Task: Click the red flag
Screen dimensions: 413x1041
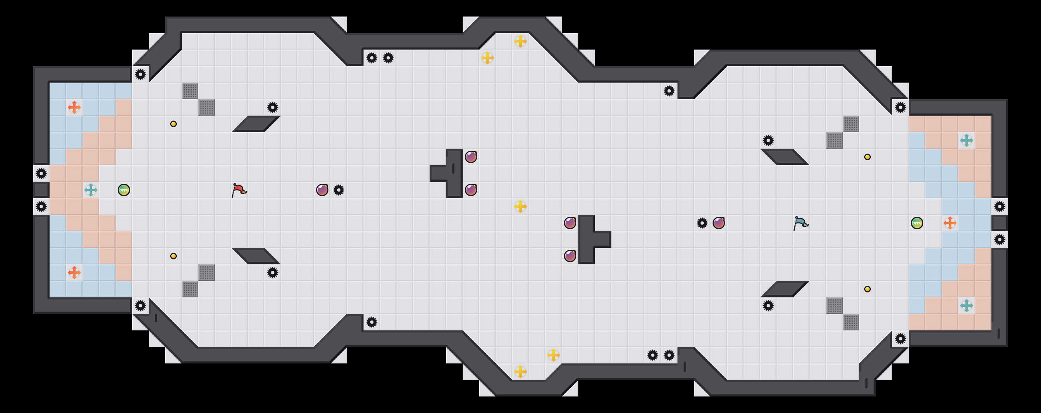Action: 239,190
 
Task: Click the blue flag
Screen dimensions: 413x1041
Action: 801,223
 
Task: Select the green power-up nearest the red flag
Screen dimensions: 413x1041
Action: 124,190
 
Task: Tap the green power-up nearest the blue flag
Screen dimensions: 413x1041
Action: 917,223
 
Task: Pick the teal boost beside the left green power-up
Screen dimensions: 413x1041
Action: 91,190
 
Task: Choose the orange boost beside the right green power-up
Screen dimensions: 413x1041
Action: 950,223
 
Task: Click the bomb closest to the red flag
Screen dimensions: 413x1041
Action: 322,190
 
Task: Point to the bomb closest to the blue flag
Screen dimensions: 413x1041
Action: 719,223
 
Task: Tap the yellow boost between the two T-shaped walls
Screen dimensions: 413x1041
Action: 520,206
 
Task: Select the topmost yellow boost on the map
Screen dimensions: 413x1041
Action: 520,41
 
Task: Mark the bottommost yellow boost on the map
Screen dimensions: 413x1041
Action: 520,372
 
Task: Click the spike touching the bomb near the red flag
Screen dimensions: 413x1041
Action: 339,190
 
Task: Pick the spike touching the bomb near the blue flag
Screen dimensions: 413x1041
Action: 702,223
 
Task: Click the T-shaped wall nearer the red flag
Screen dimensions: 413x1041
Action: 454,173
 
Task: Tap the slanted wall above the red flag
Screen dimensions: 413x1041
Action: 256,124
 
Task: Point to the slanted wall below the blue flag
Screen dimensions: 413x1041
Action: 785,289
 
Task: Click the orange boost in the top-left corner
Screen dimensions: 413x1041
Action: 74,107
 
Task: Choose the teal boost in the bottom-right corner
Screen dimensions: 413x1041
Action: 967,306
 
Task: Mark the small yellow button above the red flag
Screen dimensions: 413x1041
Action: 173,124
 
